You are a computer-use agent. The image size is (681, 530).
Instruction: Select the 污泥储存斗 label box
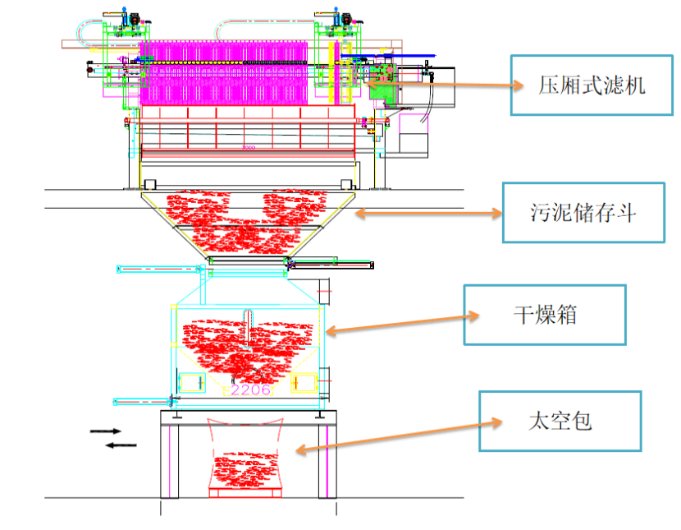(583, 212)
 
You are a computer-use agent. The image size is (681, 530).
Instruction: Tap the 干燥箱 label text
(545, 315)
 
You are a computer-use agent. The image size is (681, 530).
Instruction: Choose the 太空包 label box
(560, 421)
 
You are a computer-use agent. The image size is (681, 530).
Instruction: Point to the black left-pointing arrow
(121, 445)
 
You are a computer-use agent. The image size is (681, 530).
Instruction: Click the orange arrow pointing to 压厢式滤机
(444, 82)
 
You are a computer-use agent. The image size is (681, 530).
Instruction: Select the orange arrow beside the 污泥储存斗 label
(427, 213)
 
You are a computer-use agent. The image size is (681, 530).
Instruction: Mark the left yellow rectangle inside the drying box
(192, 382)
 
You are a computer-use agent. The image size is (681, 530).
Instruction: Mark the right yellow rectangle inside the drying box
(303, 382)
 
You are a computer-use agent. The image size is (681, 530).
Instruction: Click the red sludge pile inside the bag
(245, 468)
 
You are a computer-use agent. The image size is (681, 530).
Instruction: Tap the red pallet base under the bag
(245, 493)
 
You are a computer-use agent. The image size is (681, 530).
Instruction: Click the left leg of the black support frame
(169, 460)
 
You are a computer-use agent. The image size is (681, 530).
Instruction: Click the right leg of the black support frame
(328, 460)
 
